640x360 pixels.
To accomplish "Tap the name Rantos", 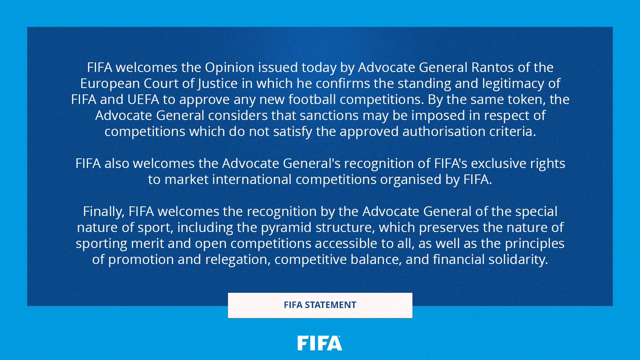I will pyautogui.click(x=492, y=68).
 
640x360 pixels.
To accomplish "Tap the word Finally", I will pyautogui.click(x=103, y=212).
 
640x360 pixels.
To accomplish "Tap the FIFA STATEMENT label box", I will pyautogui.click(x=320, y=305).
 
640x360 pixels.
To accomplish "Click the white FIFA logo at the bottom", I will pyautogui.click(x=320, y=343).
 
